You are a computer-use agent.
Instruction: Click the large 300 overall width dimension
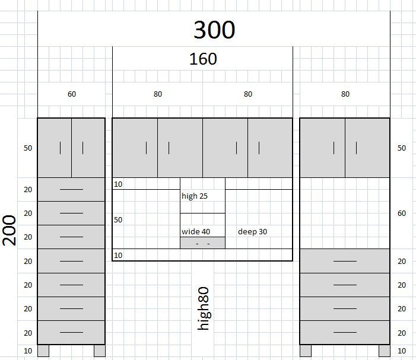tap(214, 30)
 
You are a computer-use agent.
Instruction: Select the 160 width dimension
tap(203, 59)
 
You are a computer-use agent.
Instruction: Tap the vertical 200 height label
tap(9, 230)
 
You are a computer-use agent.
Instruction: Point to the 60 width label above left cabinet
tap(72, 94)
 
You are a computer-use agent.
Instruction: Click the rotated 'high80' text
tap(204, 308)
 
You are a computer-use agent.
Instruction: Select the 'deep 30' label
tap(252, 232)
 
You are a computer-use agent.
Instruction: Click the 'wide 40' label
tap(196, 232)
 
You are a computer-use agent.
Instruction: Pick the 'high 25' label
tap(195, 196)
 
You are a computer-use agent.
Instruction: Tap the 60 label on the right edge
tap(401, 214)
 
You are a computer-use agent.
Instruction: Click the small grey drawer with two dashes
tap(203, 243)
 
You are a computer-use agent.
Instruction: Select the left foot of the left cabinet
tap(43, 351)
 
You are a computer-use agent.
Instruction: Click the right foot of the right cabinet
tap(384, 351)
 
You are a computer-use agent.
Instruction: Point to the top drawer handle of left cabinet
tap(71, 190)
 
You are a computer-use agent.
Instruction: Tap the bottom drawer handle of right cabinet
tap(345, 333)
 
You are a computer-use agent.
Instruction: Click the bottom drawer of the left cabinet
tap(71, 333)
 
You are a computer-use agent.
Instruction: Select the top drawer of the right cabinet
tap(345, 261)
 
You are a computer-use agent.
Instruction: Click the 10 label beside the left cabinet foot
tap(28, 351)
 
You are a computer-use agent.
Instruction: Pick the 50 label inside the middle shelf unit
tap(118, 220)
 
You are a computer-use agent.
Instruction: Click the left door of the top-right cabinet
tap(323, 148)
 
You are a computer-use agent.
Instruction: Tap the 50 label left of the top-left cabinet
tap(28, 148)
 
